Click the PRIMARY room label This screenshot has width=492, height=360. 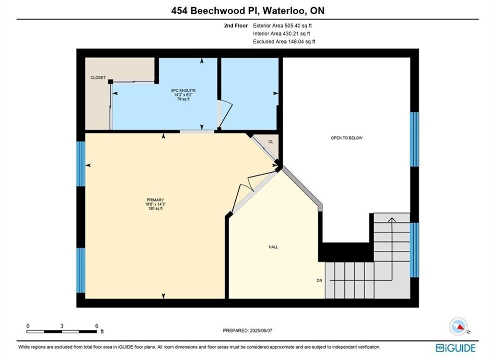(155, 200)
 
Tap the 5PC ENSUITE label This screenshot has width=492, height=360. (183, 90)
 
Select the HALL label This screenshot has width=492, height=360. (273, 247)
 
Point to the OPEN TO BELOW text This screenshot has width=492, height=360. (347, 138)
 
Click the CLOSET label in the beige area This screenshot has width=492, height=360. (98, 77)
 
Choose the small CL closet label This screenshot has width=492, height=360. (271, 141)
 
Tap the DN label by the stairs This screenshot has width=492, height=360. (319, 280)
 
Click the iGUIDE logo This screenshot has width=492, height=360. (456, 347)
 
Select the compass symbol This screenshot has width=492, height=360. (459, 326)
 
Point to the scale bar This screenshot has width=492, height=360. (61, 331)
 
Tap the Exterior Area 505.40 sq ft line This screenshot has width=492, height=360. (282, 26)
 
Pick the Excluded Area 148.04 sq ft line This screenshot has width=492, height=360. (284, 41)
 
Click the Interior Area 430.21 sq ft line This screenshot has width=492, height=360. (281, 33)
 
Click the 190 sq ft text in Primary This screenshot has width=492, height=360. (155, 208)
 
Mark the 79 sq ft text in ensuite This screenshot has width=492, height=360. (183, 99)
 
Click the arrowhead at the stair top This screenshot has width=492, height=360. (392, 219)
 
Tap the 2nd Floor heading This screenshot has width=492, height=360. (236, 26)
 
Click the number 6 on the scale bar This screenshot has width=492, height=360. (96, 326)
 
